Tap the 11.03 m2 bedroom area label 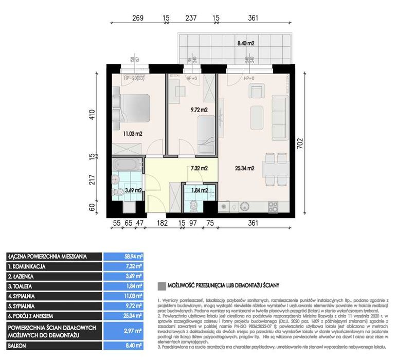click(x=132, y=134)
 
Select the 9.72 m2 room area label click(x=198, y=110)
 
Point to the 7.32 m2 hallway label click(x=199, y=168)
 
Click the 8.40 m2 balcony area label click(x=245, y=44)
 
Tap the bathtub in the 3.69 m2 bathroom click(x=127, y=166)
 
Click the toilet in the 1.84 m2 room click(x=194, y=205)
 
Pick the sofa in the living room click(x=279, y=118)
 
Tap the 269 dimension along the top click(x=137, y=17)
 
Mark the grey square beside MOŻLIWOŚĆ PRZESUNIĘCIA click(x=162, y=284)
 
